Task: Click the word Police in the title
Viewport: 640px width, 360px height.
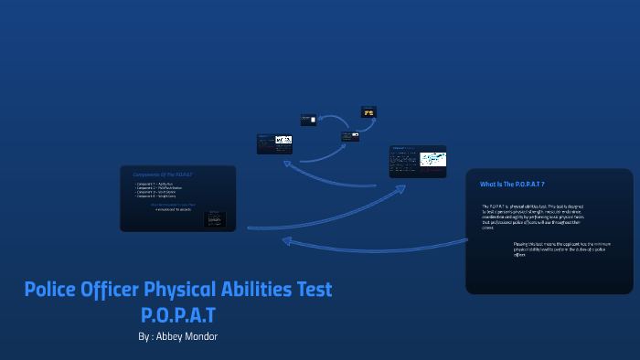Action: click(x=52, y=290)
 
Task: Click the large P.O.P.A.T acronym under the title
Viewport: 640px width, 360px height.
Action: click(x=179, y=315)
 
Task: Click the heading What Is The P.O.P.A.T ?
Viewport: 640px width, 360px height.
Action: click(x=512, y=185)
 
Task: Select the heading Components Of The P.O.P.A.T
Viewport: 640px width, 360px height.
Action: click(x=163, y=174)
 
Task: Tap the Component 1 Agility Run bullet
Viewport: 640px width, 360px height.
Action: click(x=156, y=185)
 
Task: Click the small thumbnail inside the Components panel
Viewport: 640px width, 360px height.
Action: click(x=216, y=219)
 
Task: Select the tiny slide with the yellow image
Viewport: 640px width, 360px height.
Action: click(x=368, y=112)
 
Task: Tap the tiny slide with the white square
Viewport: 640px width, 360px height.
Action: click(x=309, y=120)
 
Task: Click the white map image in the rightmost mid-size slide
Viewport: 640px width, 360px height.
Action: click(x=432, y=160)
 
